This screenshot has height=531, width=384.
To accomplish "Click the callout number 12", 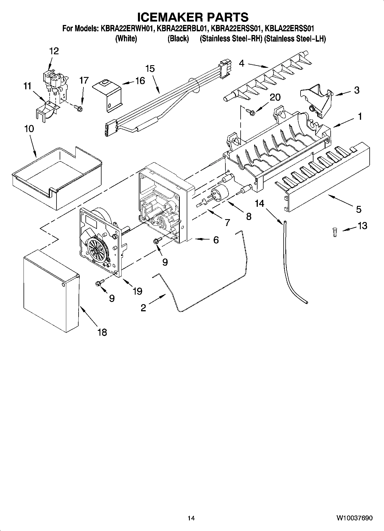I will point(54,51).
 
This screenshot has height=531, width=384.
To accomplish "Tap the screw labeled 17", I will point(79,108).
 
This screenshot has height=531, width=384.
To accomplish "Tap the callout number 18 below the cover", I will point(102,332).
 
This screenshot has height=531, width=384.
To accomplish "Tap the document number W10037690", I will point(354,518).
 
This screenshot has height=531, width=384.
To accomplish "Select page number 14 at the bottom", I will point(191,518).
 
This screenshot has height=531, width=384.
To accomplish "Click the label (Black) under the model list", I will point(178,38).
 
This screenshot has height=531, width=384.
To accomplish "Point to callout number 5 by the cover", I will point(358,209).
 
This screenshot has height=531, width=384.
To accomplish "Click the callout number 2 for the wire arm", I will point(143,308).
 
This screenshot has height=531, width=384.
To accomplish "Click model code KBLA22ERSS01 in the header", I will point(290,29).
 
